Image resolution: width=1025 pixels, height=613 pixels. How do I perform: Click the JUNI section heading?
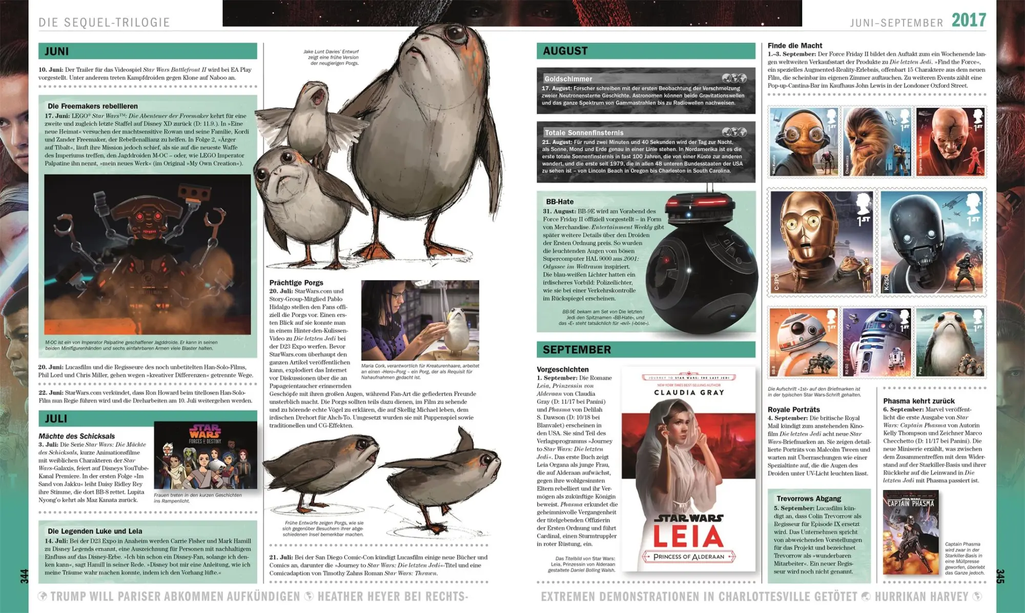click(57, 51)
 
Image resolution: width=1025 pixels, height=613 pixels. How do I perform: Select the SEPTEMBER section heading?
click(577, 349)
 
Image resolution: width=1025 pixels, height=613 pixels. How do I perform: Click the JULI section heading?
click(56, 419)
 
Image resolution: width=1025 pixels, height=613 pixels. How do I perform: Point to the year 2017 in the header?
click(969, 21)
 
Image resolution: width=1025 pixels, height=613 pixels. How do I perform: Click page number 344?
click(24, 576)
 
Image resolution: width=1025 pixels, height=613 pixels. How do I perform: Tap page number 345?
click(1000, 576)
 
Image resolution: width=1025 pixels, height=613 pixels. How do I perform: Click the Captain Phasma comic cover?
click(911, 532)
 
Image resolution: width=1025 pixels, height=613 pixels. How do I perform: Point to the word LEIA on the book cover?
click(688, 536)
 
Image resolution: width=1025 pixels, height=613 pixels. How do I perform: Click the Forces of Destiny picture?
click(206, 456)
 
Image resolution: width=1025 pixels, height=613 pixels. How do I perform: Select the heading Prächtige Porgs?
click(296, 283)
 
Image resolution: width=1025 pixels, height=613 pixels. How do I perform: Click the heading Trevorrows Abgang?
click(809, 499)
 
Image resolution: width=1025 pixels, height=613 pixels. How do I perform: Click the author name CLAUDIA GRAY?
click(689, 392)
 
